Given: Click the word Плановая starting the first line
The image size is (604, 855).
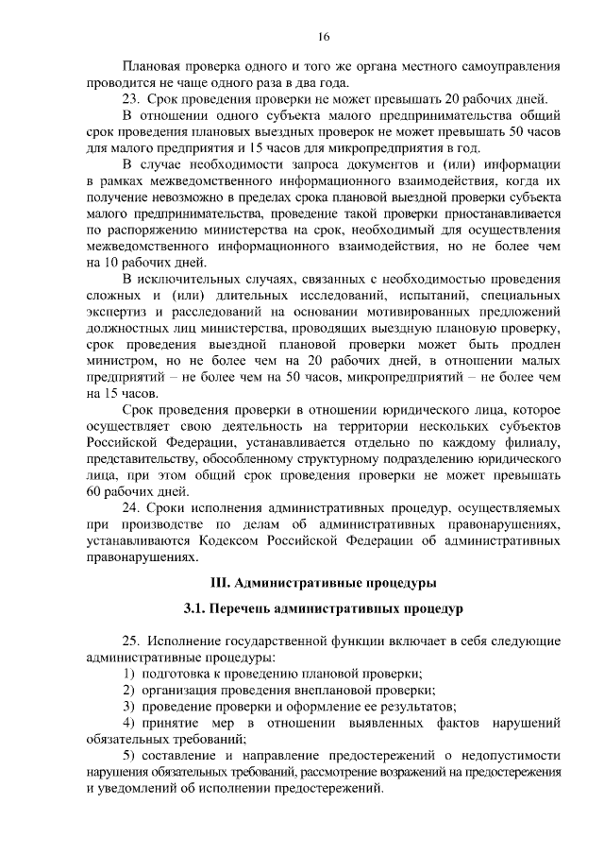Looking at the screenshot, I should (153, 68).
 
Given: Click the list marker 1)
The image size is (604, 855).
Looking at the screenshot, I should (130, 673).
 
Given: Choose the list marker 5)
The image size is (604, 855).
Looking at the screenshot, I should (130, 756).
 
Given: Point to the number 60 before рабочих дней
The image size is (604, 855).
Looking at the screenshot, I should (92, 491).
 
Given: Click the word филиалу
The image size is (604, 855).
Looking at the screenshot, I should (533, 442).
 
